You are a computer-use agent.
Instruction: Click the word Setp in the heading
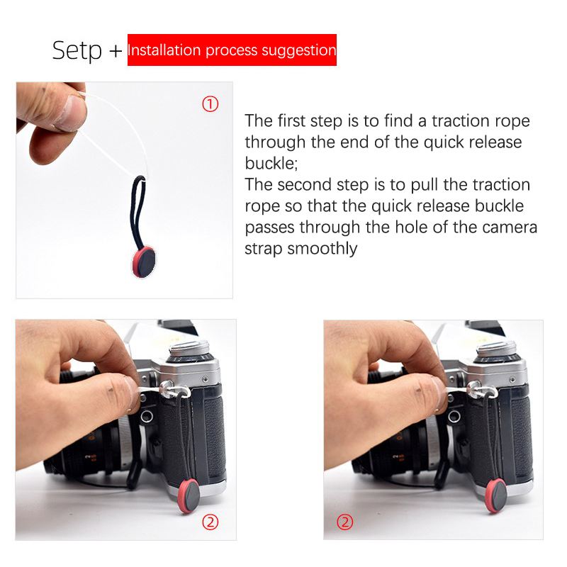[77, 51]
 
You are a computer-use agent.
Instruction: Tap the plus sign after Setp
[116, 51]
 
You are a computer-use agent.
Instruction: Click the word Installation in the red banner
[164, 50]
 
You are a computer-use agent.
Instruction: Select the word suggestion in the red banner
[299, 50]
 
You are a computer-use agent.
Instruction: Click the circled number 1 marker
[210, 104]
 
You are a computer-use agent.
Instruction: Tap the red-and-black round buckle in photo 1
[144, 262]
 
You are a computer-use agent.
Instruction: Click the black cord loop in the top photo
[137, 213]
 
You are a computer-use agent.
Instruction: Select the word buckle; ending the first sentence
[271, 164]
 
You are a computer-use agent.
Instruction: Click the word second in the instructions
[305, 184]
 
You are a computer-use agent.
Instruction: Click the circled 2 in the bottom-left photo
[210, 522]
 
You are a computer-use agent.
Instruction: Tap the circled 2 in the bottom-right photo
[344, 522]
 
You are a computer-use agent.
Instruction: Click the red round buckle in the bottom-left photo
[189, 495]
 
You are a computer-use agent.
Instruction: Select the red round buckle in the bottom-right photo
[496, 495]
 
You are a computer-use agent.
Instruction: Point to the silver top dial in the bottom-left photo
[189, 349]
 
